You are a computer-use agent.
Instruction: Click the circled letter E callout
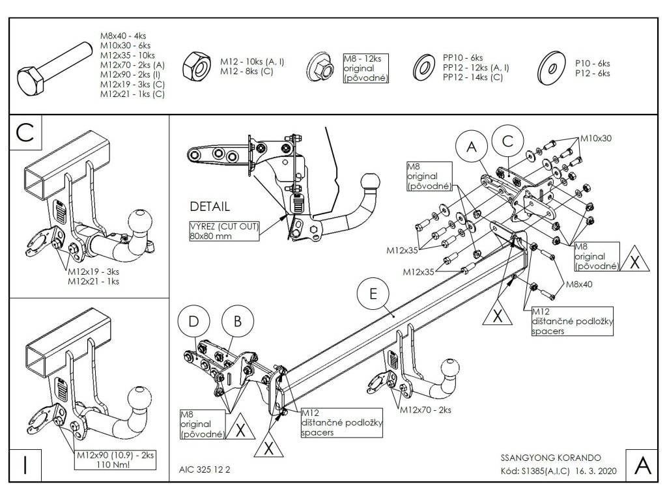373,294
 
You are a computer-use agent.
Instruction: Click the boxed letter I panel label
25,465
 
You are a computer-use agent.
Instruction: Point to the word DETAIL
209,207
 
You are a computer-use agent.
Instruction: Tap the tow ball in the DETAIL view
371,185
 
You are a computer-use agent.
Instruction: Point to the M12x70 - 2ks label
425,410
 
